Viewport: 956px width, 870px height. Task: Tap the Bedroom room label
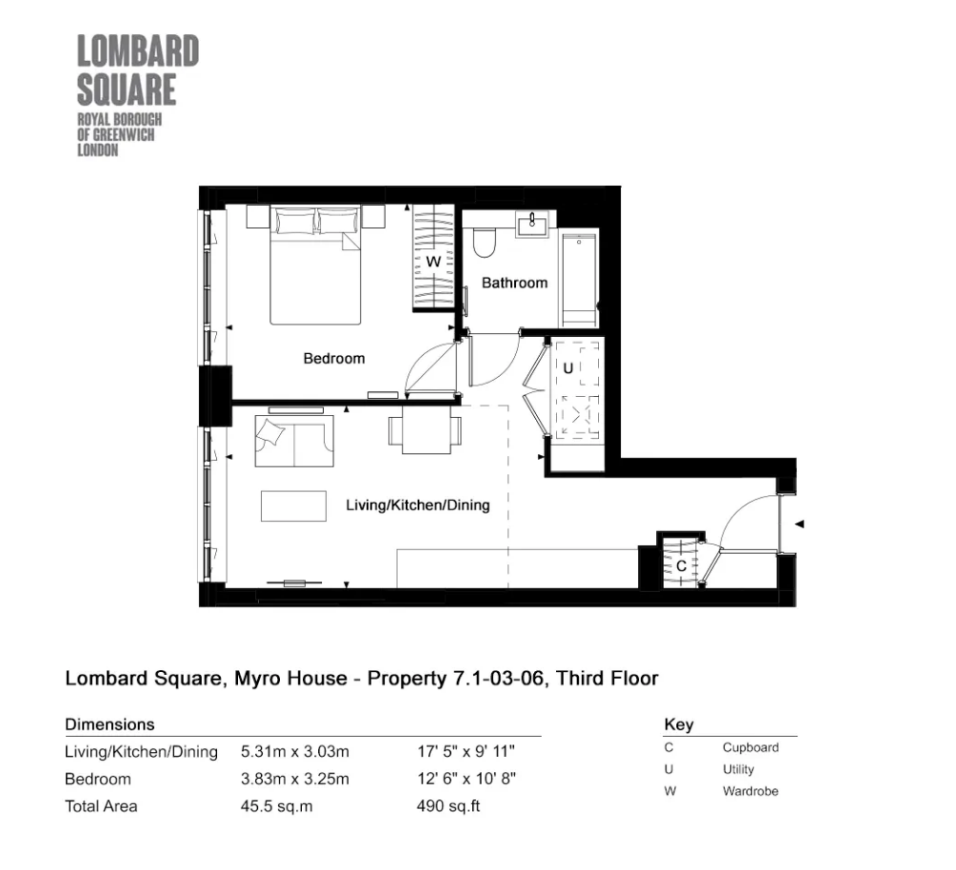click(333, 359)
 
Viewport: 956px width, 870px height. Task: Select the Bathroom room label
click(514, 283)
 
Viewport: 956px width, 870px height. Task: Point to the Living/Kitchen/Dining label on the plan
click(417, 505)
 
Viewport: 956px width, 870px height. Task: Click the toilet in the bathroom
click(483, 242)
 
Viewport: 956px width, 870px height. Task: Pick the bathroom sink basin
click(529, 227)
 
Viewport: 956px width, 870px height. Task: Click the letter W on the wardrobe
click(431, 261)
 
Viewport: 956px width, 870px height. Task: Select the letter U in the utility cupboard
click(568, 367)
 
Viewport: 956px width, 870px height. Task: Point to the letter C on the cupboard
click(681, 565)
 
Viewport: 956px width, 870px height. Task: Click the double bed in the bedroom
click(316, 267)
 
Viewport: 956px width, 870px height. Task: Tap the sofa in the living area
click(293, 441)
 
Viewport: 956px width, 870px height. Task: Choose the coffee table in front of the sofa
click(294, 505)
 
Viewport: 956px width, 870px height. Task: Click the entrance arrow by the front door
click(800, 524)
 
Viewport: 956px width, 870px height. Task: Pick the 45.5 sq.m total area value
click(277, 806)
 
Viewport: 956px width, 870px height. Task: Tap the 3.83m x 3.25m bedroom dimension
click(295, 779)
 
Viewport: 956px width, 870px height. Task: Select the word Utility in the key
click(738, 769)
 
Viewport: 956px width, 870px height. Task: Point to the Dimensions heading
click(110, 724)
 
